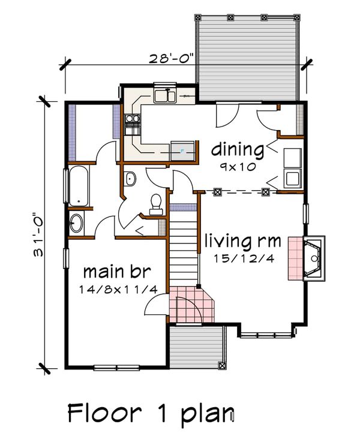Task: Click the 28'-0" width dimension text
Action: point(172,59)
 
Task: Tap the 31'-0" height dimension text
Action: point(38,234)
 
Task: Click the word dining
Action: point(238,151)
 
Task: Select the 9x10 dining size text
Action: point(238,167)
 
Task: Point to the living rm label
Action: point(243,240)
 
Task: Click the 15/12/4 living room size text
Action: point(244,258)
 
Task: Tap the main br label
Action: point(117,272)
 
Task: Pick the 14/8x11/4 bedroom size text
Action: point(118,290)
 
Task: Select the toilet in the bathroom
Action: point(156,205)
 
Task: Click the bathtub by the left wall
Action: point(79,186)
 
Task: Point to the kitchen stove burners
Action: point(132,119)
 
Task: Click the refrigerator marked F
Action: point(182,151)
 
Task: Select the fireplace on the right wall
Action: point(314,258)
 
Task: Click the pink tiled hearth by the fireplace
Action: point(296,258)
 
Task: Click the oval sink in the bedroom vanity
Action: point(76,223)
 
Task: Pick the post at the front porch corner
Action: point(221,366)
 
